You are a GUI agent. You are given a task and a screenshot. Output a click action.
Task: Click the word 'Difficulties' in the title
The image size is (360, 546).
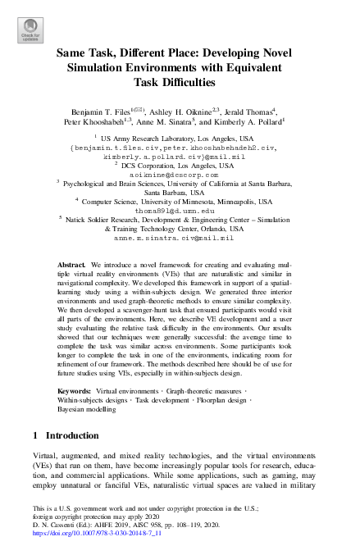click(x=180, y=83)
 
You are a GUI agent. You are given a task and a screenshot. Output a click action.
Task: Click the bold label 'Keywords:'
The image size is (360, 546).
click(x=75, y=392)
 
